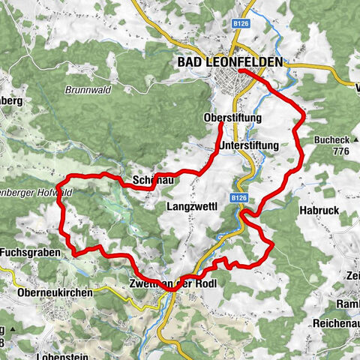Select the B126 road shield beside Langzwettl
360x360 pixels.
tap(238, 197)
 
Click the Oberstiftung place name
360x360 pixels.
tap(232, 118)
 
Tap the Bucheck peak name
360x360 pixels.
tap(334, 139)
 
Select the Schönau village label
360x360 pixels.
tap(153, 181)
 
